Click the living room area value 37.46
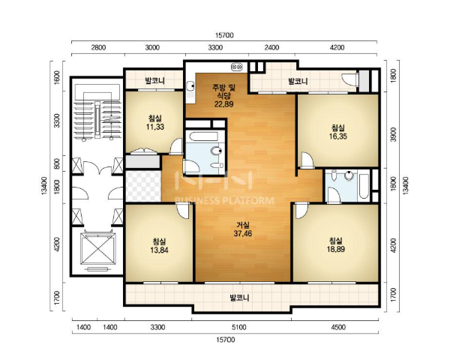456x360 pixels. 242,233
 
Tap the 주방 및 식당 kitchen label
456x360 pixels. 223,91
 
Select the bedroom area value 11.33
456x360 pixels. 155,127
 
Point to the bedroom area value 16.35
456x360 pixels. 338,136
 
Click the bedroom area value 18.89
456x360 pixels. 336,249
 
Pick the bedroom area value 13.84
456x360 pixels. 159,250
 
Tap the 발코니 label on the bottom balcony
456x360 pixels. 239,298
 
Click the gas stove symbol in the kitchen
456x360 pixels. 236,67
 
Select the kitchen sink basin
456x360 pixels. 190,86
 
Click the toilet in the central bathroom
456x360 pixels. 217,151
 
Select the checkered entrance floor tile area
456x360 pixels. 143,186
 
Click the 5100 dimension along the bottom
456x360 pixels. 239,328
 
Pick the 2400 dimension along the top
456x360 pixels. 271,47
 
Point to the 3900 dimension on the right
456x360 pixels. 394,134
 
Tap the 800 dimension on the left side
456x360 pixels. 57,163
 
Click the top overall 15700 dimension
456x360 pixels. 224,35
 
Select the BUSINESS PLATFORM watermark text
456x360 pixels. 224,201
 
